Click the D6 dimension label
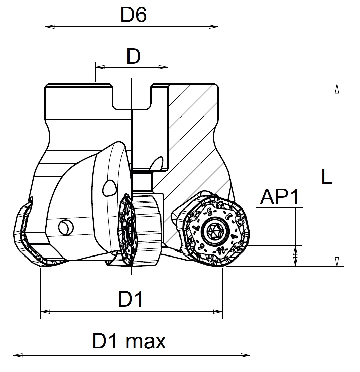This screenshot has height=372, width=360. coord(133,15)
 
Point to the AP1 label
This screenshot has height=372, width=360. coord(279,197)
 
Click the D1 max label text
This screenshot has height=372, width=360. coord(129,341)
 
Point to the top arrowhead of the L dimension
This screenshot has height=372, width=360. coord(336,88)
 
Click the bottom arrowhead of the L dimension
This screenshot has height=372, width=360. coord(336,263)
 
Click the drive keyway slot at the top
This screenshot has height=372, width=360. coord(132,97)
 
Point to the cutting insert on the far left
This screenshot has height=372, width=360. coord(25,235)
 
